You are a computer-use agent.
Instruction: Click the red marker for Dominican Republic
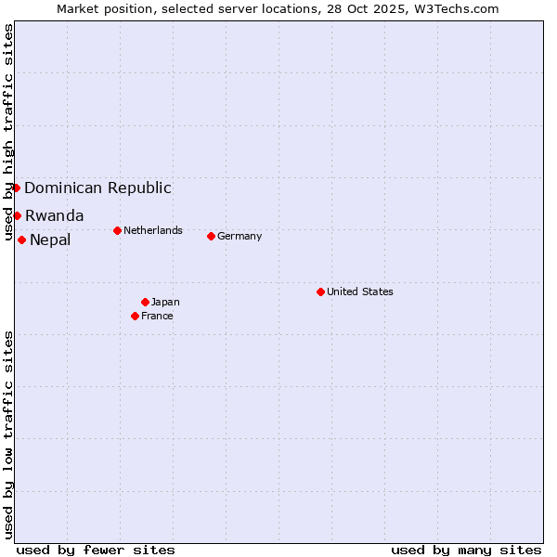pyautogui.click(x=16, y=188)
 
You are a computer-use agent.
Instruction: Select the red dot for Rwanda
pyautogui.click(x=17, y=215)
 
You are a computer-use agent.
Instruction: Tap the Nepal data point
pyautogui.click(x=21, y=240)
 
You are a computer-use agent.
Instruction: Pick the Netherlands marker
pyautogui.click(x=117, y=230)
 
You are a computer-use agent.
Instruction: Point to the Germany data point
pyautogui.click(x=211, y=236)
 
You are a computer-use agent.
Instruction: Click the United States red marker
pyautogui.click(x=320, y=291)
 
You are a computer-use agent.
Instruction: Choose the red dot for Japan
pyautogui.click(x=145, y=302)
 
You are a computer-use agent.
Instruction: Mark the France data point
pyautogui.click(x=135, y=316)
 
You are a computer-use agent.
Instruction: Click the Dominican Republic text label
pyautogui.click(x=97, y=188)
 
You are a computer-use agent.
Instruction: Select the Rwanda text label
pyautogui.click(x=54, y=215)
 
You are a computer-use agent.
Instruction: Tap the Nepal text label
pyautogui.click(x=50, y=240)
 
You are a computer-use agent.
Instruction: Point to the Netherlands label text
pyautogui.click(x=153, y=230)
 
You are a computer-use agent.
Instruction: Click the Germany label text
pyautogui.click(x=240, y=236)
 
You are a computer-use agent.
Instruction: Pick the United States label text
pyautogui.click(x=360, y=291)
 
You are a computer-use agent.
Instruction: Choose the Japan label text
pyautogui.click(x=165, y=302)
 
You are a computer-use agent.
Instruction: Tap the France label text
pyautogui.click(x=157, y=316)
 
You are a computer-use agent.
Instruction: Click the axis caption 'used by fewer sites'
pyautogui.click(x=96, y=550)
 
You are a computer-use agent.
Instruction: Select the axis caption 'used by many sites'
pyautogui.click(x=466, y=550)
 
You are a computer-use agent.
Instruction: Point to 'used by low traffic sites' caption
pyautogui.click(x=9, y=434)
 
